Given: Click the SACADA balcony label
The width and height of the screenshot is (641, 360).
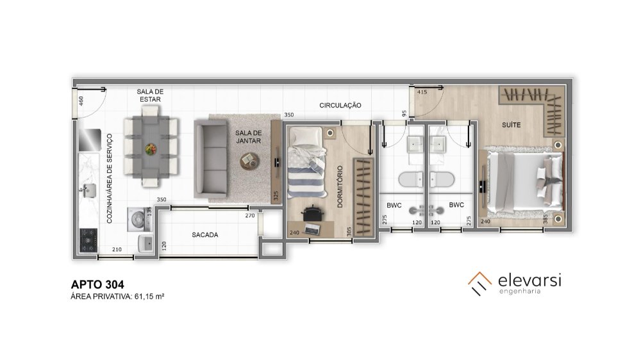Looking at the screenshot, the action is [x=205, y=235].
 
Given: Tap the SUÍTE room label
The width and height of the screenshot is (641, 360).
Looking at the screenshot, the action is [x=511, y=125].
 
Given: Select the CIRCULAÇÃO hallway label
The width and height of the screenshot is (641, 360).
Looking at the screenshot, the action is [x=340, y=106].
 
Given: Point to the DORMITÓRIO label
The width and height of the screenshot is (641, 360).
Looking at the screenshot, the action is [x=340, y=187].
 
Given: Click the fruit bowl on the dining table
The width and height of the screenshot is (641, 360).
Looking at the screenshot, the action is [x=151, y=149].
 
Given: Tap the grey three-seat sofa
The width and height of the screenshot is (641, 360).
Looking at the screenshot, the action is [x=210, y=159].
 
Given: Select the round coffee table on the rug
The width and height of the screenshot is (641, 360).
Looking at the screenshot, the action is [x=249, y=161].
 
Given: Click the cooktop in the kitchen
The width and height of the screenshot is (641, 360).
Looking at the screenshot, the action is [x=88, y=240].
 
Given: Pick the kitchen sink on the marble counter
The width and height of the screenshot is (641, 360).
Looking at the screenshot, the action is [x=88, y=190].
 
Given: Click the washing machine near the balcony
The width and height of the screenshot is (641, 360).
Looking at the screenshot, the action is [x=138, y=220].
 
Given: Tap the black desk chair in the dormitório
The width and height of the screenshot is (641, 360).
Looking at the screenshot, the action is [x=312, y=213].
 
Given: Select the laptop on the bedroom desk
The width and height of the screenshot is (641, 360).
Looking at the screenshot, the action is [x=312, y=229].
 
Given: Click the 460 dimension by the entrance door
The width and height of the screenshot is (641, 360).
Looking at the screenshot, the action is [x=81, y=101].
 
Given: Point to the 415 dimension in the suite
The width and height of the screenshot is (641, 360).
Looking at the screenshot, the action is [x=422, y=92].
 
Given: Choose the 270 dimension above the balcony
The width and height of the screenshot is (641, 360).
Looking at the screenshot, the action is [x=250, y=215].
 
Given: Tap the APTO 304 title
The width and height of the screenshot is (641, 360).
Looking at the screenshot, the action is [x=97, y=284].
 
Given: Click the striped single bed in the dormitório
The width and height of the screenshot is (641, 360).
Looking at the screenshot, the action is [x=306, y=163].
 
